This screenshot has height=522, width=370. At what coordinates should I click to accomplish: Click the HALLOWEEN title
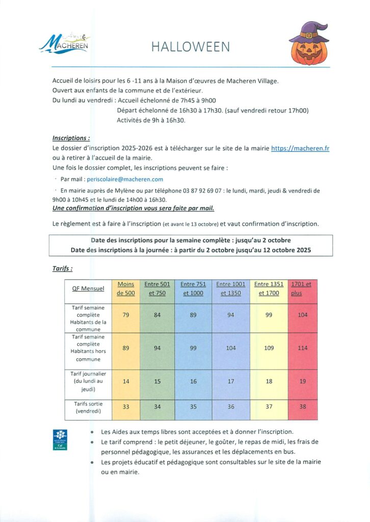tap(191, 47)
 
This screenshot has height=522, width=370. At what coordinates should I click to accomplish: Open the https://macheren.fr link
tap(300, 148)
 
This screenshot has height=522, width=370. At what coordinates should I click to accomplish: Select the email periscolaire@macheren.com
tap(125, 179)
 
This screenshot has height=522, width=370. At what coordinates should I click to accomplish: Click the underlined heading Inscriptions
tap(71, 138)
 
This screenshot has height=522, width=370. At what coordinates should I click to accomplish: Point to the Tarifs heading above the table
tap(62, 268)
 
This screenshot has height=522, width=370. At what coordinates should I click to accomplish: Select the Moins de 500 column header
tap(126, 289)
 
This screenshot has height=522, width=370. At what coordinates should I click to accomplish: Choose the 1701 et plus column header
tap(301, 289)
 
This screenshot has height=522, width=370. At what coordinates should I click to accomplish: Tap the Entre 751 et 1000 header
tap(193, 289)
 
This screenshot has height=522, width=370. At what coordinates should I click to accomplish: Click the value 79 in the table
tap(126, 315)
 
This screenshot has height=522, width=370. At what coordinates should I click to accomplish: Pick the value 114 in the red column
tap(303, 348)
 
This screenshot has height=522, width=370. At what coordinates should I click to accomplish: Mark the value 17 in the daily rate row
tap(231, 381)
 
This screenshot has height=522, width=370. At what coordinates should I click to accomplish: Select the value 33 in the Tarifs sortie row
tap(126, 407)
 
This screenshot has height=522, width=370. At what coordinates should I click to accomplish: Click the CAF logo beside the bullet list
tap(60, 440)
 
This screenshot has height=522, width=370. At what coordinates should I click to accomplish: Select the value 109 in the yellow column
tap(269, 348)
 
